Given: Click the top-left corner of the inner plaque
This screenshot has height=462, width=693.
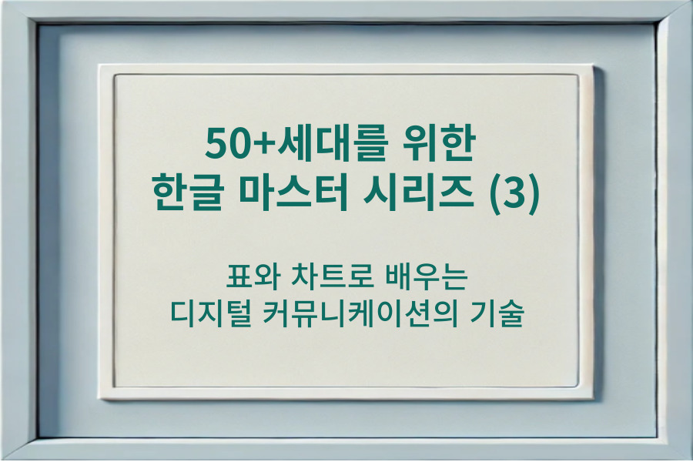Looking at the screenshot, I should coord(115,75).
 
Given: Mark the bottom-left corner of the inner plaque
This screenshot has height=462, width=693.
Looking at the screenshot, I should coord(115,387).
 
